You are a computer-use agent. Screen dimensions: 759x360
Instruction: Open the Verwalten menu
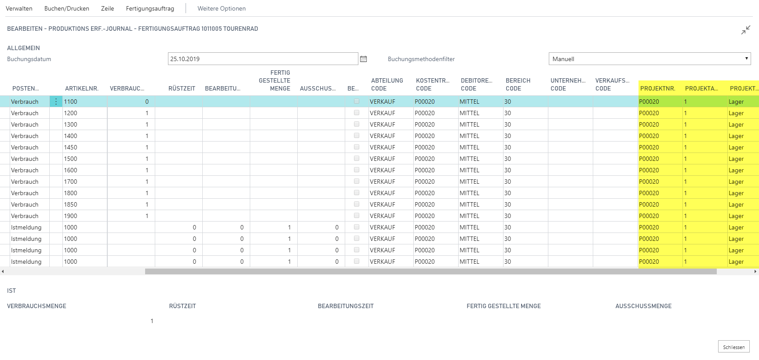click(19, 8)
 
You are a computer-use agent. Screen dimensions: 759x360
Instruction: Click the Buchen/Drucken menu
click(67, 8)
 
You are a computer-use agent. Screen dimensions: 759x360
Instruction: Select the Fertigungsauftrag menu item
click(150, 8)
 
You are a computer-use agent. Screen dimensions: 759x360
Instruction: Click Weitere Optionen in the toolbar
click(222, 8)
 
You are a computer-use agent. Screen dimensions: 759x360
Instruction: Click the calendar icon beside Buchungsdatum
click(363, 59)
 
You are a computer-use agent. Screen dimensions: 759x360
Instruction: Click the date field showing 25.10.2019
click(263, 59)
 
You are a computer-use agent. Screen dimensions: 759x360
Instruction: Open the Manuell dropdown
click(650, 59)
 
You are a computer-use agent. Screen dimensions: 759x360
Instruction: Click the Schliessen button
click(733, 347)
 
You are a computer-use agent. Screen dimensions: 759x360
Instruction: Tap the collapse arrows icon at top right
click(745, 30)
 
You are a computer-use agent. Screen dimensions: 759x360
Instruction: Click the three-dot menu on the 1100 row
click(56, 102)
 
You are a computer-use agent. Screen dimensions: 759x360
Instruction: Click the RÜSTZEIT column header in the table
click(182, 88)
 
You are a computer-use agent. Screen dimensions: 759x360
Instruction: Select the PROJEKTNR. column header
click(657, 88)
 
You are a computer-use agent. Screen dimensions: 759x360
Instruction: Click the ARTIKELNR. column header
click(82, 88)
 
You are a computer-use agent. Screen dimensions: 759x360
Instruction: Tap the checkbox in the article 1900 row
click(357, 215)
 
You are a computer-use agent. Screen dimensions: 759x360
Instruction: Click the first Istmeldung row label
click(26, 227)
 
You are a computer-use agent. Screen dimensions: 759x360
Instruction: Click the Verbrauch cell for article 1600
click(25, 170)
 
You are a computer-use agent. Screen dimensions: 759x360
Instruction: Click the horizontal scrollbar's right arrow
click(755, 272)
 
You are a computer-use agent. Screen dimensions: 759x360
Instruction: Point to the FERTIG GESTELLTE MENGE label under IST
click(504, 306)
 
